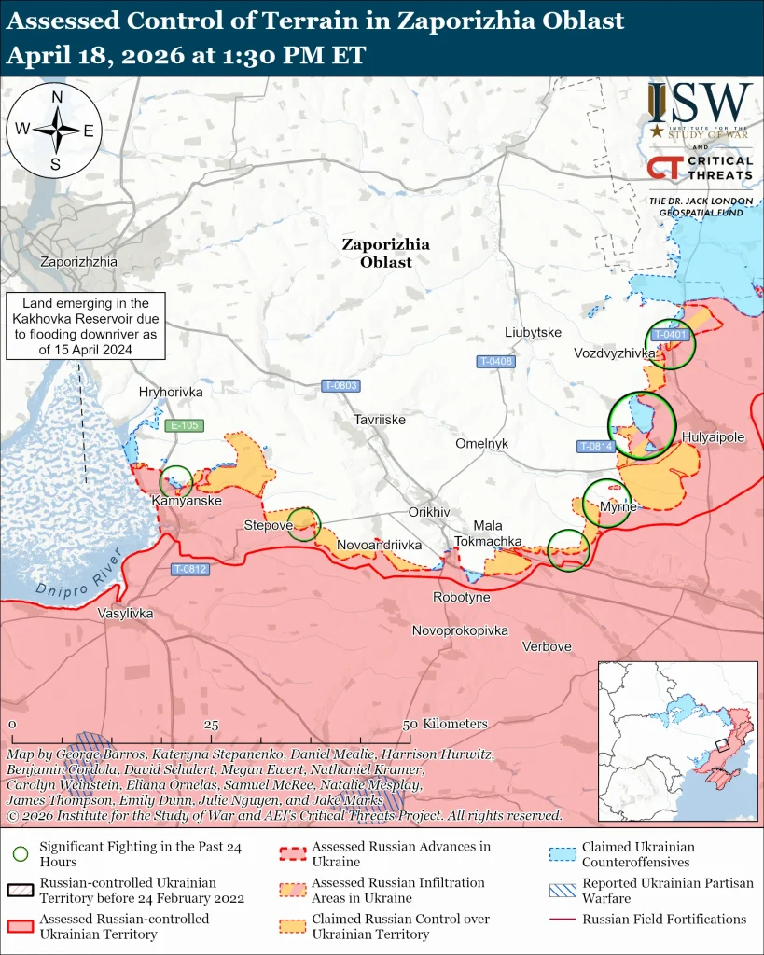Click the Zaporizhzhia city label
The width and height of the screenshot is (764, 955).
[78, 262]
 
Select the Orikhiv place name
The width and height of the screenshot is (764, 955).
[429, 513]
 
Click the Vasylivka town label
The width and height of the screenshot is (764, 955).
[126, 614]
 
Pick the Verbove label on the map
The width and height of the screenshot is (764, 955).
[547, 646]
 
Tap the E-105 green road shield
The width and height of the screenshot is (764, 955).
[183, 426]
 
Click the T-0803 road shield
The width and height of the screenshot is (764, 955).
[340, 385]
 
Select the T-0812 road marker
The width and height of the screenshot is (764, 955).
[190, 569]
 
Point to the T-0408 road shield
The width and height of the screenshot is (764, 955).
[495, 361]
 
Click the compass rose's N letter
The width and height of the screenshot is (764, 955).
[57, 97]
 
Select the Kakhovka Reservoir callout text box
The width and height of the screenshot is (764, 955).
[86, 325]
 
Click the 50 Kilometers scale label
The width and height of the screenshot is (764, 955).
[445, 724]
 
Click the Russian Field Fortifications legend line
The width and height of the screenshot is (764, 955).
[563, 920]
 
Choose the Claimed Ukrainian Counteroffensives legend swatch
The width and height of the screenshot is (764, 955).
[563, 852]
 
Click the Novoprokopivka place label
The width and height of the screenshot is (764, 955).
[461, 630]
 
